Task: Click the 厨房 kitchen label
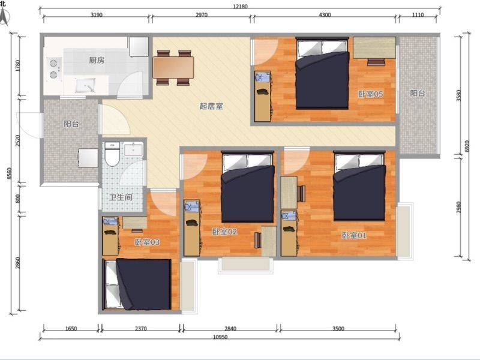click(97, 60)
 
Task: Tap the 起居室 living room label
click(211, 106)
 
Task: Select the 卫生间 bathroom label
click(121, 197)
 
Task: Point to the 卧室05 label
click(370, 94)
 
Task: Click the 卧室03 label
click(147, 242)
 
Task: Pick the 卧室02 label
click(224, 232)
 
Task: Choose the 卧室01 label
click(354, 235)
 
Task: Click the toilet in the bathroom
click(112, 154)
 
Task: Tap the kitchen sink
click(85, 85)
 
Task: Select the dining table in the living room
click(173, 67)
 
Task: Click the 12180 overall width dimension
click(241, 7)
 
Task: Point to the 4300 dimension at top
click(325, 14)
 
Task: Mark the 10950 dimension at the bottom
click(220, 337)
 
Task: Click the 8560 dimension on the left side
click(9, 173)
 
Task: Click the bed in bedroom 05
click(322, 73)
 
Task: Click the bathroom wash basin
click(133, 149)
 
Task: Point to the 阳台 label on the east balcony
click(418, 93)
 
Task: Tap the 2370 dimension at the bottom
click(141, 329)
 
